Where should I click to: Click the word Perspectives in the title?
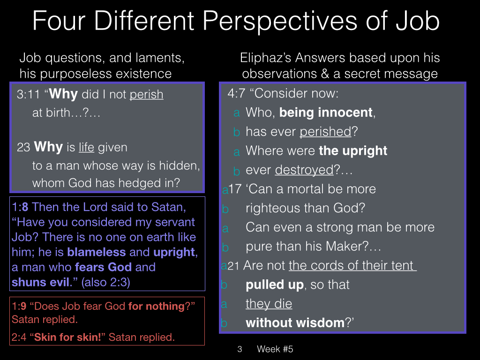point(279,22)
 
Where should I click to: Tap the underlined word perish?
point(146,95)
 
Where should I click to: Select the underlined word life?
point(86,147)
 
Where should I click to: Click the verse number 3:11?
point(29,94)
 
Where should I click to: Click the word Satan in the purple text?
point(168,207)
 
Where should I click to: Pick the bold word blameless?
point(97,252)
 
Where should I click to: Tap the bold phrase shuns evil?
point(42,282)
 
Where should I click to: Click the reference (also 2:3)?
point(105,282)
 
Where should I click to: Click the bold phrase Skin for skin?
point(67,337)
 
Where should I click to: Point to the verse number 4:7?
point(236,93)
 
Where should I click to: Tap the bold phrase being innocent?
point(326,112)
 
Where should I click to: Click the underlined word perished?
point(325,132)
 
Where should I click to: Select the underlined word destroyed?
point(304,170)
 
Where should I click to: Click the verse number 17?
point(235,189)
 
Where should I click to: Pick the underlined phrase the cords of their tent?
point(352,265)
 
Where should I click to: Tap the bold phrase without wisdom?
point(295,323)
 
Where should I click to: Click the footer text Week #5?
point(275,349)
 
